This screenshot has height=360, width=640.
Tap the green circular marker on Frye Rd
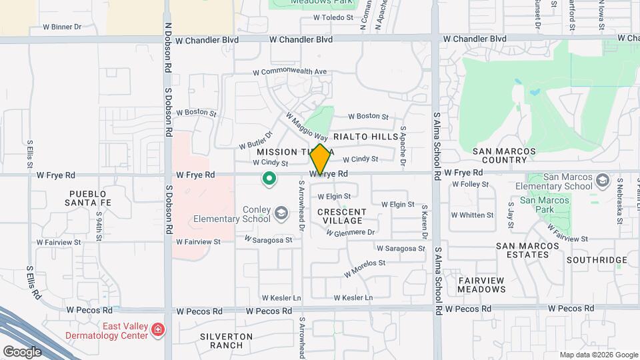coord(269,178)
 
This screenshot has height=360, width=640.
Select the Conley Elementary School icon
coord(281,213)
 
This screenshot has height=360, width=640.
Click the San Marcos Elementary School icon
coord(603,181)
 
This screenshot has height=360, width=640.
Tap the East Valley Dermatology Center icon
coord(157,329)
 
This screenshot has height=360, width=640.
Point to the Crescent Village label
coord(340,216)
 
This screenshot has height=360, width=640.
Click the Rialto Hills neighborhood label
coord(365,137)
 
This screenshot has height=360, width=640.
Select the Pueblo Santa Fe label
coord(87,197)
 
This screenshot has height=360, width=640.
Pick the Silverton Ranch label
coord(226,341)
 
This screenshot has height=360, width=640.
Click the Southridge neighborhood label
coord(597,260)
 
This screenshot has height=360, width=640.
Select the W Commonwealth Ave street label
coord(290,71)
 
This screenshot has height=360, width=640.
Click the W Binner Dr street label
coord(61,27)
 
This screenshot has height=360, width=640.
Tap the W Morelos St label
coord(365,268)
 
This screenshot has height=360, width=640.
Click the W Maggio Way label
coord(307,126)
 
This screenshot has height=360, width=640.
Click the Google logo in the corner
coord(22,351)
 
